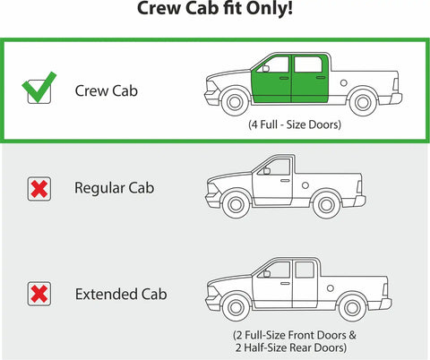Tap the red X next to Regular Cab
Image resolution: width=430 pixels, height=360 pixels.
(x=39, y=189)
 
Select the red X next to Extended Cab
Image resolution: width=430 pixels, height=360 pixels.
(x=39, y=294)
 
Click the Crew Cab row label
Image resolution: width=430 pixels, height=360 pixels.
(x=107, y=90)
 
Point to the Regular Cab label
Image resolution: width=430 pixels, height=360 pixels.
(x=115, y=188)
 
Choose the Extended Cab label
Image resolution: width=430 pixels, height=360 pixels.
(x=121, y=294)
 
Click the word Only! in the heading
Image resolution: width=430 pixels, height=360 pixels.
(x=269, y=8)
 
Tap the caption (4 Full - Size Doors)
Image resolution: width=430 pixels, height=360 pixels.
(x=295, y=124)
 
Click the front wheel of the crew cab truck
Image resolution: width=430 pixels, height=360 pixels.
(x=235, y=102)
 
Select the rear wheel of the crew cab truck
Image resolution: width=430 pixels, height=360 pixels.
(x=363, y=103)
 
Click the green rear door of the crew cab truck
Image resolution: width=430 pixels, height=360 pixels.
(x=309, y=79)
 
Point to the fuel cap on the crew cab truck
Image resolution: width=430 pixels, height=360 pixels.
(x=344, y=83)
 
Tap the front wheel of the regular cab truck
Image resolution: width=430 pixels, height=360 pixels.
(x=236, y=205)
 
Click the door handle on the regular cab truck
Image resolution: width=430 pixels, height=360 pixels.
(x=285, y=181)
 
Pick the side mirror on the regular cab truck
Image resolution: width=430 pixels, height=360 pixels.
(x=267, y=171)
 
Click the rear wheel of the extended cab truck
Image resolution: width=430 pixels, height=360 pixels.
(x=352, y=308)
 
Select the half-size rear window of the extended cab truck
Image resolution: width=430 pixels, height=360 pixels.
(x=305, y=270)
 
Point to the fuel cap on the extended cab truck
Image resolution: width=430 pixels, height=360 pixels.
(x=331, y=288)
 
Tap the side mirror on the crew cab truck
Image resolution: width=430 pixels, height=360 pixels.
(x=266, y=69)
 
